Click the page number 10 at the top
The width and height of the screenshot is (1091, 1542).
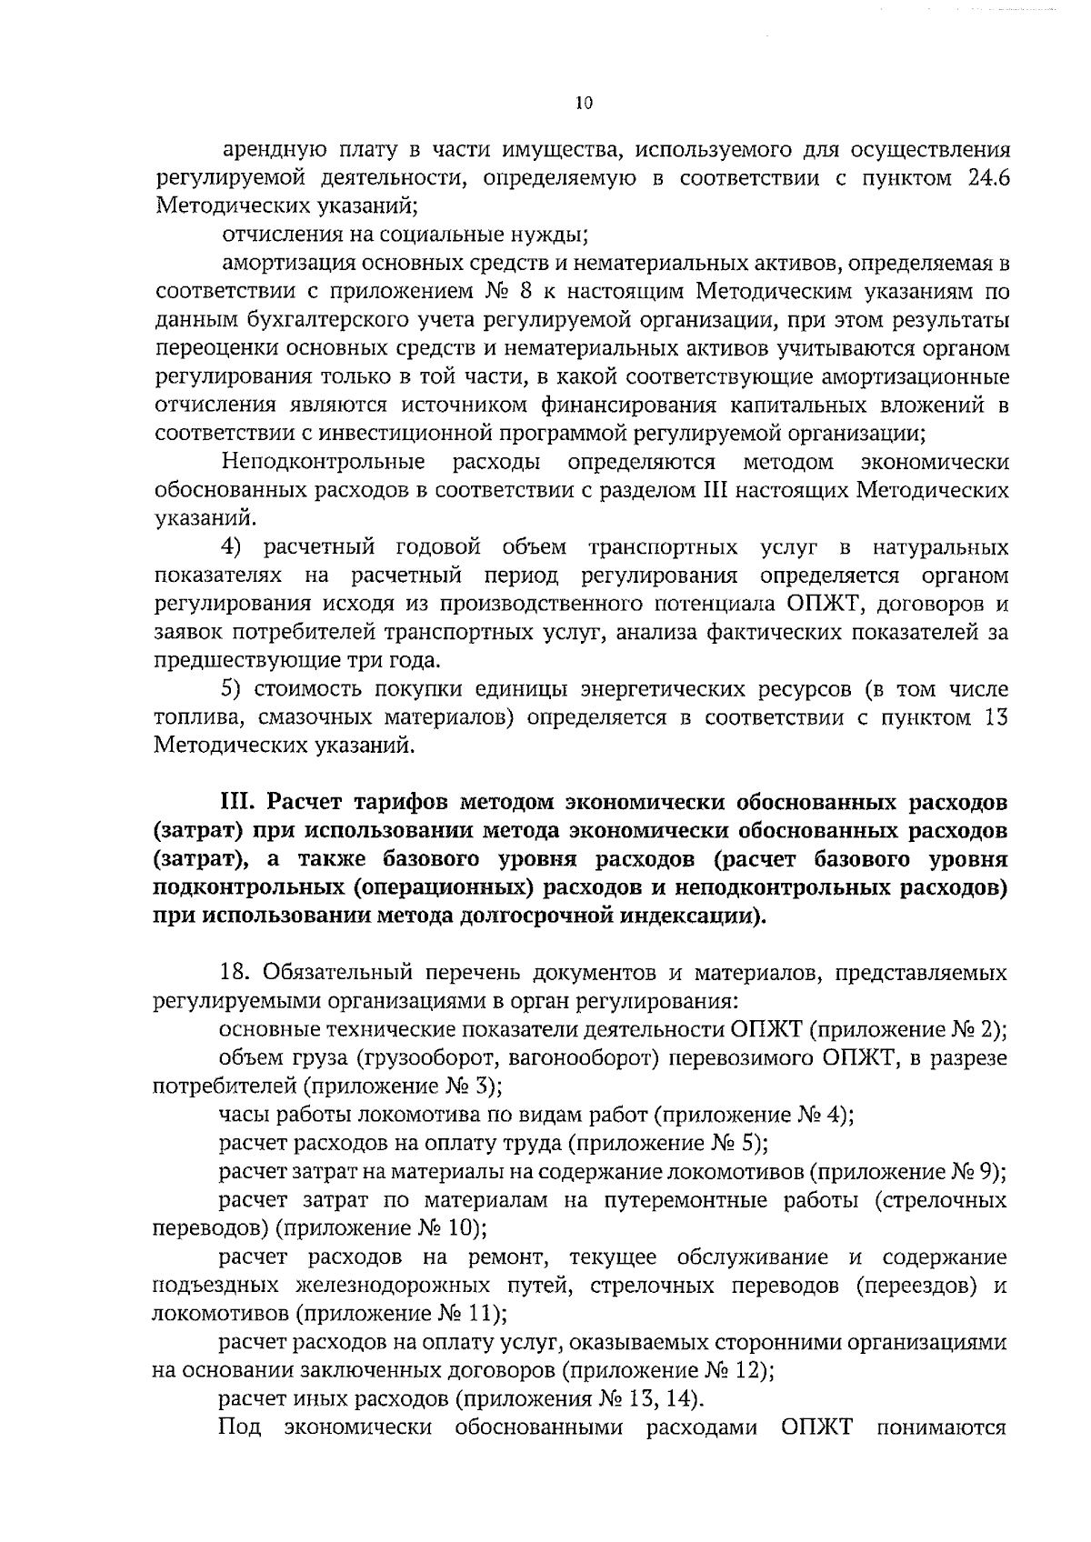point(584,104)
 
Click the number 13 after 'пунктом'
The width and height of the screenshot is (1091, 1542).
point(996,717)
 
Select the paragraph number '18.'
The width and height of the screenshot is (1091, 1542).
point(237,973)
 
